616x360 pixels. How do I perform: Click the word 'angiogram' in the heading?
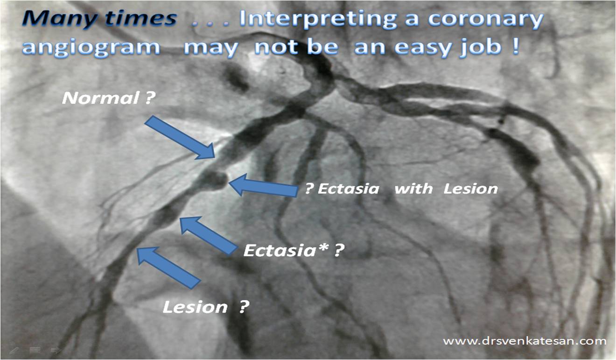pyautogui.click(x=91, y=47)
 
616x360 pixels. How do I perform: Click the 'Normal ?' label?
pyautogui.click(x=109, y=98)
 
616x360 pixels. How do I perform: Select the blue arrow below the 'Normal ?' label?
pyautogui.click(x=180, y=138)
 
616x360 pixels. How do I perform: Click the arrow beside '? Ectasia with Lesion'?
pyautogui.click(x=263, y=185)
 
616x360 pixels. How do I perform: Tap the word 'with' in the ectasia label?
pyautogui.click(x=413, y=189)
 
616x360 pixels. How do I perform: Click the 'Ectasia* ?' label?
pyautogui.click(x=294, y=250)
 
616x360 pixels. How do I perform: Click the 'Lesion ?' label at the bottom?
pyautogui.click(x=206, y=307)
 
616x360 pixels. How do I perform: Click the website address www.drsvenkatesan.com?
pyautogui.click(x=525, y=341)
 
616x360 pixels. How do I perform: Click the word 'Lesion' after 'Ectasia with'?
pyautogui.click(x=470, y=189)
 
